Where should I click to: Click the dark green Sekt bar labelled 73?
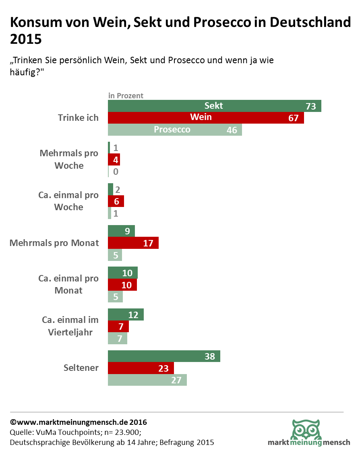click(x=214, y=106)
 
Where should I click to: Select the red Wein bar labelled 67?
click(x=206, y=118)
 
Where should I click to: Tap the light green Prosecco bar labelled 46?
click(x=175, y=130)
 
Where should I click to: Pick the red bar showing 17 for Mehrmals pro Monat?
click(x=133, y=243)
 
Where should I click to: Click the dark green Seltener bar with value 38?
click(x=164, y=356)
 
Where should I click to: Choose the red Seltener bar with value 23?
click(x=141, y=368)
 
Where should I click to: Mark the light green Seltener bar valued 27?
click(x=147, y=380)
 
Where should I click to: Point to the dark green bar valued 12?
click(x=126, y=315)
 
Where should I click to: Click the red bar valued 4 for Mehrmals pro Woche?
click(x=114, y=160)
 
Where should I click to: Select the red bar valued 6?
click(x=116, y=201)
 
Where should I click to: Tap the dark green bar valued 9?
click(x=121, y=231)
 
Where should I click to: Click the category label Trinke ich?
click(x=78, y=118)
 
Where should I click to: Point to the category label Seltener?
click(x=81, y=368)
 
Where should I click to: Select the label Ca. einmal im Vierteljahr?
click(x=70, y=326)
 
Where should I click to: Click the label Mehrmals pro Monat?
click(x=54, y=243)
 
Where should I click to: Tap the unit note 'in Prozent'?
click(x=126, y=96)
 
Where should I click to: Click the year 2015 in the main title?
click(x=26, y=39)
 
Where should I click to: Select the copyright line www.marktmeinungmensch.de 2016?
click(x=79, y=422)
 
